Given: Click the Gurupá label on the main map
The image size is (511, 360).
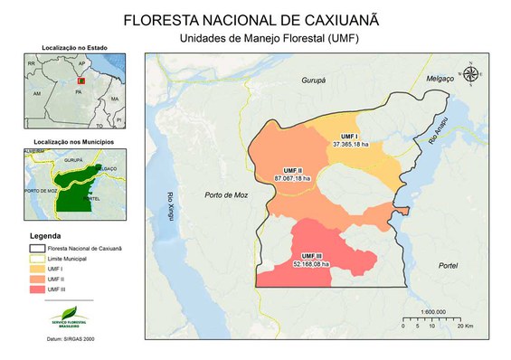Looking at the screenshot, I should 313,81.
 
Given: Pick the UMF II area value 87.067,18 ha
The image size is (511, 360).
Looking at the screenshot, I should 292,178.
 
